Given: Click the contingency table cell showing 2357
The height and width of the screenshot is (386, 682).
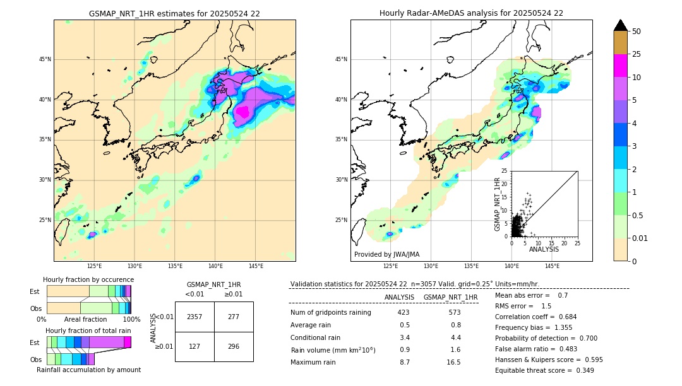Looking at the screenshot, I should [x=194, y=317].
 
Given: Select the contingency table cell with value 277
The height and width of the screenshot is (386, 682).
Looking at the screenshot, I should [x=233, y=317].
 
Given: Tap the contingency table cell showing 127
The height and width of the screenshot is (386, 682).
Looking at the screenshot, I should [x=194, y=346].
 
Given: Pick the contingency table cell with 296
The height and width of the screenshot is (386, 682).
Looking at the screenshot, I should [x=233, y=346].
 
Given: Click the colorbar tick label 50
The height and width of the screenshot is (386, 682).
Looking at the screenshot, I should [x=637, y=32].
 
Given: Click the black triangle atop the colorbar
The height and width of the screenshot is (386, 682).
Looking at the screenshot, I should [x=620, y=25].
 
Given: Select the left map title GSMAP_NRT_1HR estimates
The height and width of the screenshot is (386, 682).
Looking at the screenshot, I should [x=174, y=13].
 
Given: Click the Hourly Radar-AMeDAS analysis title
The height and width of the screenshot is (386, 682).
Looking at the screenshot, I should [x=471, y=13].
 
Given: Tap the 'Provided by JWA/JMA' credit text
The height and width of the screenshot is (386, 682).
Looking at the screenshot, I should [x=386, y=254].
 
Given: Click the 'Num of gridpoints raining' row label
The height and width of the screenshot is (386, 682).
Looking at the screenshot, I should [x=330, y=312].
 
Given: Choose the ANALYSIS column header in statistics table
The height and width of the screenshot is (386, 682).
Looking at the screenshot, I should [x=399, y=297].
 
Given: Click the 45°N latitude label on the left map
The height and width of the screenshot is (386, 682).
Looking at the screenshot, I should [x=45, y=59].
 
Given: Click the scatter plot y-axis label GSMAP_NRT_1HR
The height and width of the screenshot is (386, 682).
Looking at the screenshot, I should [x=498, y=204].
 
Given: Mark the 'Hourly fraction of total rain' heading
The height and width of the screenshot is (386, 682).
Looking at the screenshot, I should [x=88, y=330].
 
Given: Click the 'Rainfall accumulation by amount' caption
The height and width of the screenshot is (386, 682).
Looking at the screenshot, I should [x=88, y=370].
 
